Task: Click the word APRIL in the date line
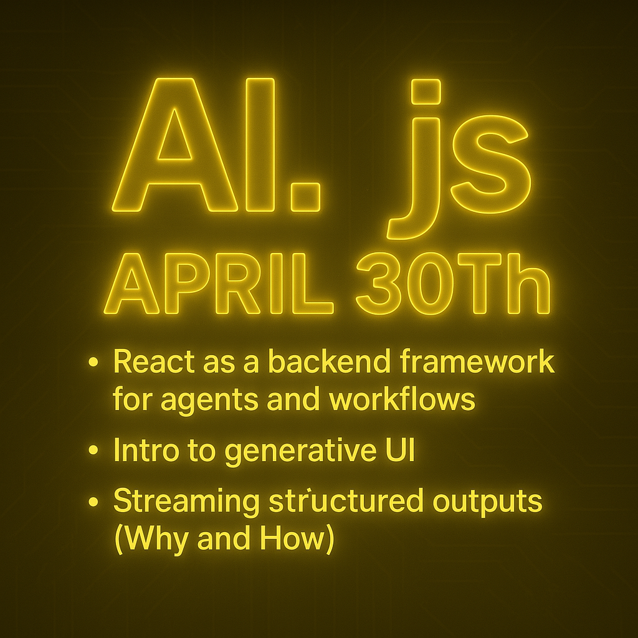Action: [x=219, y=283]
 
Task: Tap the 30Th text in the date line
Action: [x=454, y=283]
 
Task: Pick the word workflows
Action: [x=402, y=398]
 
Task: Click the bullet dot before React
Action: [x=93, y=362]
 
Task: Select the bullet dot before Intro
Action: [x=93, y=450]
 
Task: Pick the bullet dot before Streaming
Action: [x=93, y=501]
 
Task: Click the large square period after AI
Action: [x=305, y=198]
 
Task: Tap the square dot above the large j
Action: [x=426, y=91]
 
